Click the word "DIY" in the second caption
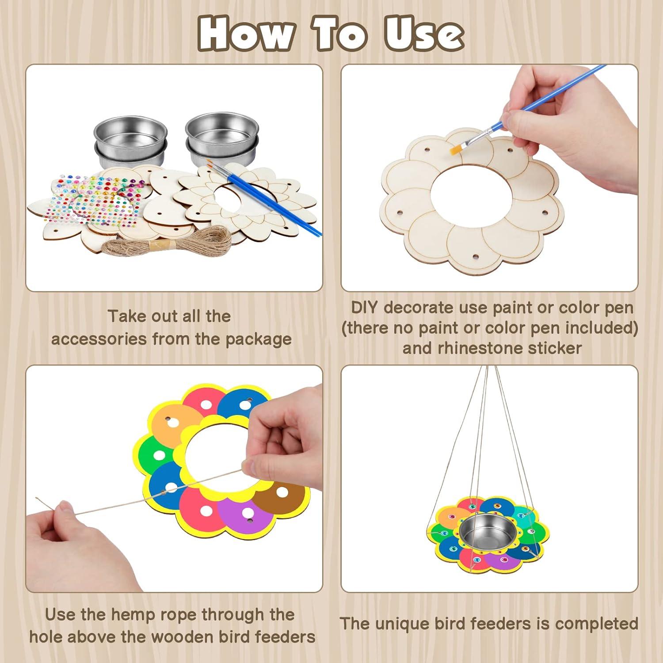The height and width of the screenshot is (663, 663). click(365, 308)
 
